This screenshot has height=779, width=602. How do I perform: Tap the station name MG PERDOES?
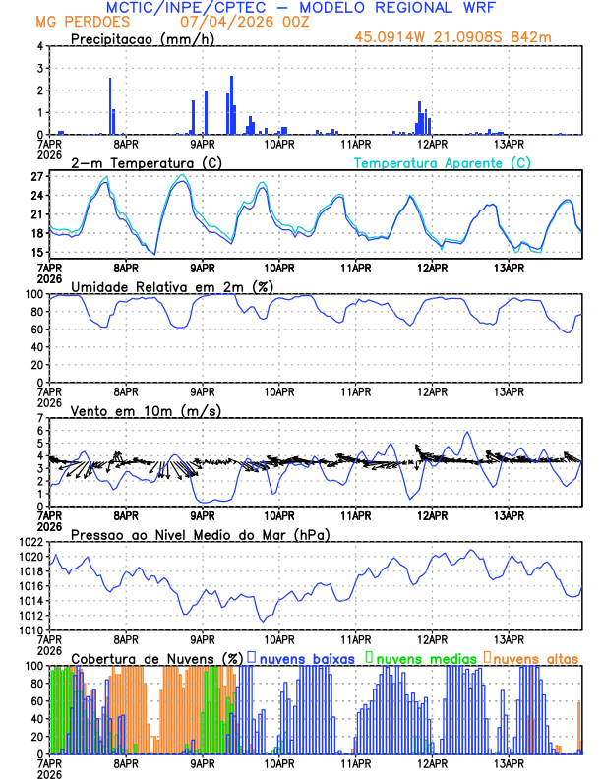75,21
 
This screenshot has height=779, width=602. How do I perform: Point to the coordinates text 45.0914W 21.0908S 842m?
467,39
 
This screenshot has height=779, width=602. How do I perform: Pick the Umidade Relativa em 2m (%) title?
170,286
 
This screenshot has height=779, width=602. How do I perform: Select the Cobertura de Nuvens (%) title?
156,658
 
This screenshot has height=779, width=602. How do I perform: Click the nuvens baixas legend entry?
306,658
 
